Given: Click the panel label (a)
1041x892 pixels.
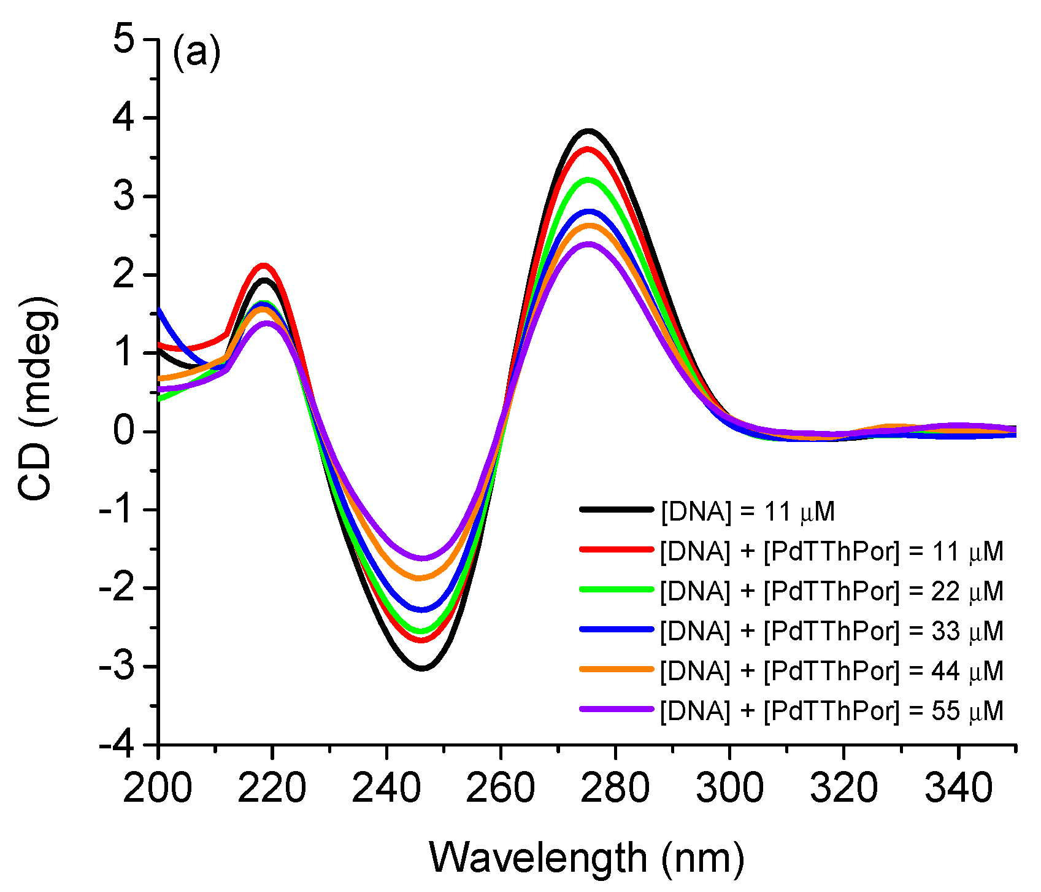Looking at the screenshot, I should [196, 53].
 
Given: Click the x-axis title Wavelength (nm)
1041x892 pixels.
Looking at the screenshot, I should [586, 857].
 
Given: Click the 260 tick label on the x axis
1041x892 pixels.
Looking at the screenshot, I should [501, 788].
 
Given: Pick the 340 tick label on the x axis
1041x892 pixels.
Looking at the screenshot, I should [958, 788].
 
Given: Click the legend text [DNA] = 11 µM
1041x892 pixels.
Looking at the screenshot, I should [747, 511].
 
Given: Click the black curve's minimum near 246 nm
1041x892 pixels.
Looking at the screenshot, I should [422, 668].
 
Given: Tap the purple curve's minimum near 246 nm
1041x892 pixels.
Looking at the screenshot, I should [422, 558].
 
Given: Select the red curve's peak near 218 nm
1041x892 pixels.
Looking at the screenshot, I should [264, 266].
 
